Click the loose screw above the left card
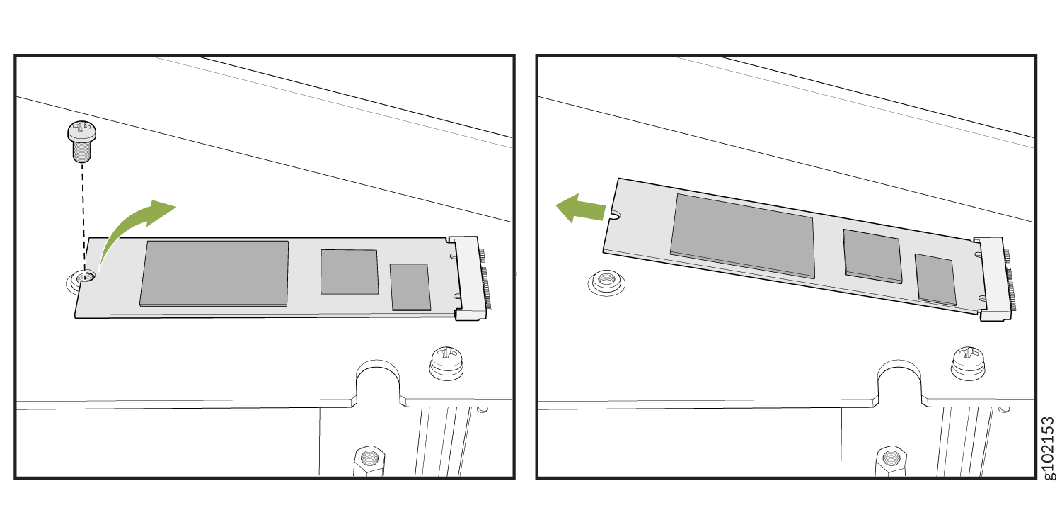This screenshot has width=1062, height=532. coord(81,142)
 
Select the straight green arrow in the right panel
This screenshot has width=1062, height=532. coord(580,208)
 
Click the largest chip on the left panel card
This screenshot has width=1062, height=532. coord(214,273)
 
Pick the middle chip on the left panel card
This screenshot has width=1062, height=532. coord(350,272)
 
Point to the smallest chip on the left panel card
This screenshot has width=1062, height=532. coord(410,287)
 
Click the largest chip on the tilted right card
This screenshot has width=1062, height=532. coord(742,236)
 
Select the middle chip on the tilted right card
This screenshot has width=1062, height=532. coord(872,256)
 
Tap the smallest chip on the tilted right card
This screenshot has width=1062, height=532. coord(935,280)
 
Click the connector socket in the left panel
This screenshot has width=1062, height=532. coord(469,278)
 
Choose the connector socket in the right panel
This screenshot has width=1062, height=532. coord(994,279)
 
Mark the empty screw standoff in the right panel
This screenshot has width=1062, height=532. coord(606,283)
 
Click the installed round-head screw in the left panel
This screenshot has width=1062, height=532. coord(446,363)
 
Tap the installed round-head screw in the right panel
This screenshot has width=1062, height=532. coord(968,363)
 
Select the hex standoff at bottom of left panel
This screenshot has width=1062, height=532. coord(369,460)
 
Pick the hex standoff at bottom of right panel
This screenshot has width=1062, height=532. coord(891,460)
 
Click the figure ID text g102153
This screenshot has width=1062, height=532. coord(1049,448)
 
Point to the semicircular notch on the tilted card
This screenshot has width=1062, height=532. coord(616,215)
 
